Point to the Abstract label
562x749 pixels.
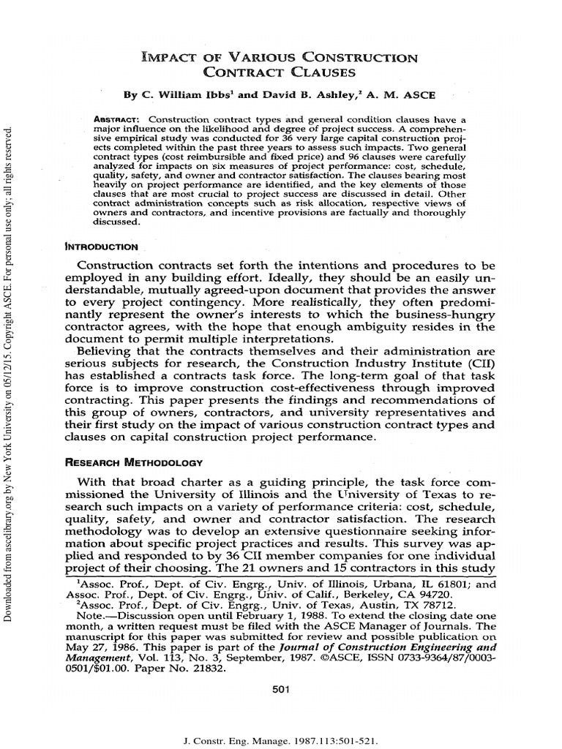121,118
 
